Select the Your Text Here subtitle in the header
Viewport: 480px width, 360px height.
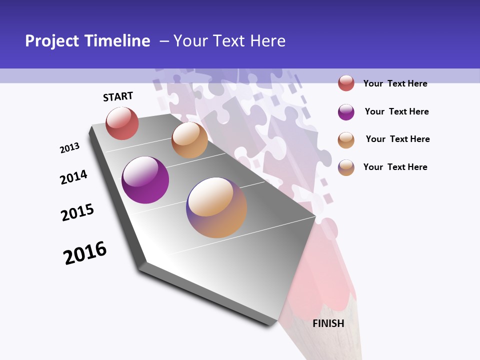[x=229, y=41]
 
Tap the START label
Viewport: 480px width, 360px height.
[x=118, y=96]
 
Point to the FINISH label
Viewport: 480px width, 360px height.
[x=328, y=323]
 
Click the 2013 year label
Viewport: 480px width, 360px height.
[x=69, y=148]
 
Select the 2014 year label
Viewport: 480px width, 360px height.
[x=73, y=177]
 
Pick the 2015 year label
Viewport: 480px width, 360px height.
[x=77, y=212]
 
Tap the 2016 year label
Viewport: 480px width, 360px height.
[x=85, y=253]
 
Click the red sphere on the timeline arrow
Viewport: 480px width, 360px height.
[x=122, y=123]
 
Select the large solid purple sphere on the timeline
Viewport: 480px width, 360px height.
[x=145, y=180]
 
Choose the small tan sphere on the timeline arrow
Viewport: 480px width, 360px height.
[x=189, y=140]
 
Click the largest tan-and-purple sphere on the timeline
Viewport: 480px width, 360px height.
[x=216, y=207]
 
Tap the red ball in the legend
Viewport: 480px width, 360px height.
[x=346, y=83]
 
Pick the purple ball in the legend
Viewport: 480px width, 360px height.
[x=346, y=112]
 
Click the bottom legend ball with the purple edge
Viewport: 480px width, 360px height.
[x=346, y=167]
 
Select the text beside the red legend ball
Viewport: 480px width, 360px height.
[x=395, y=83]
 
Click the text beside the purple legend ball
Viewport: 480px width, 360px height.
[x=396, y=111]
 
